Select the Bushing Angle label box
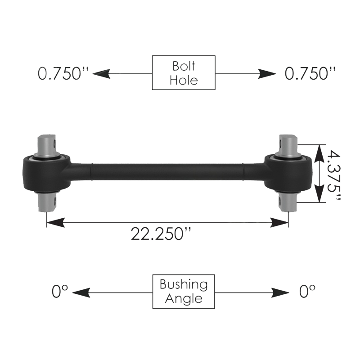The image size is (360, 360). tap(184, 291)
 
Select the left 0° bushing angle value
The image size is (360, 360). tap(60, 292)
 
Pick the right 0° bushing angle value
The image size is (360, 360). tap(307, 292)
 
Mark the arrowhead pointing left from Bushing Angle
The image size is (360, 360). tap(79, 293)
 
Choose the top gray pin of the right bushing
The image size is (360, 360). tap(288, 145)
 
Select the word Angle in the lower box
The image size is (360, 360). tap(184, 298)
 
